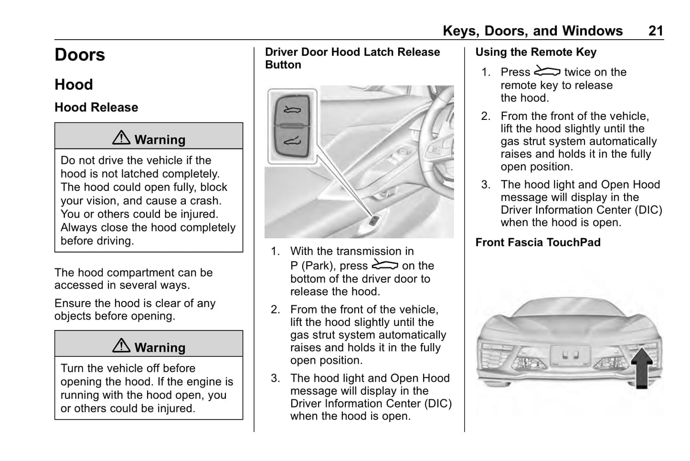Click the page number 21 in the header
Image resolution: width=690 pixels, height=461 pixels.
(x=656, y=31)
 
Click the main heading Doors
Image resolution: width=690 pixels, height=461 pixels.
(x=80, y=55)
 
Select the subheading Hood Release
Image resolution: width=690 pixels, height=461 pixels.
(x=96, y=107)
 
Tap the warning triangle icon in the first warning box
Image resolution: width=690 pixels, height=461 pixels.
(x=121, y=138)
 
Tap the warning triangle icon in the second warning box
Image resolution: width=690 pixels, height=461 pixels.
(x=121, y=345)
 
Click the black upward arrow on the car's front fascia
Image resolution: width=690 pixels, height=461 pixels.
(x=642, y=367)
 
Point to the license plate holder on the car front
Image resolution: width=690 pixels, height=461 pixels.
(x=571, y=355)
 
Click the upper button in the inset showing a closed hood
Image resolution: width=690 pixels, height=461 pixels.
(x=292, y=110)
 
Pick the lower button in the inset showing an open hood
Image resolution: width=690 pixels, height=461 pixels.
(x=292, y=141)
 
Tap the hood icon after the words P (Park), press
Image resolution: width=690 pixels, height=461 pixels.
(x=385, y=264)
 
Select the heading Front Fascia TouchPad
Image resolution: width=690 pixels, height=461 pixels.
(x=538, y=242)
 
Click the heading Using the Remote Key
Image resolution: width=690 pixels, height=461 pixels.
(x=536, y=52)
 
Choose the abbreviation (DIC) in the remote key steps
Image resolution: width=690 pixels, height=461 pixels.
(x=648, y=210)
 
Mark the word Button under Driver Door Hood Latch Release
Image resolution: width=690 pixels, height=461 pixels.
(x=283, y=64)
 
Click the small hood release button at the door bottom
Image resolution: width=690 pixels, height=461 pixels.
(x=374, y=220)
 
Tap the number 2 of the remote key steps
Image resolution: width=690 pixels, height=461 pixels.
(x=486, y=116)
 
